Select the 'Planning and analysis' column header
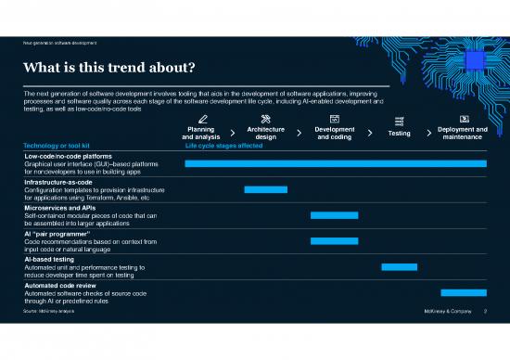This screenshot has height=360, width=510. click(x=200, y=134)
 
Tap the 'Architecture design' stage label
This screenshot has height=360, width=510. click(x=265, y=134)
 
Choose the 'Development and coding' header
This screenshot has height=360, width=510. click(x=335, y=134)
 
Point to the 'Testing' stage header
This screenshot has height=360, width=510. click(x=399, y=134)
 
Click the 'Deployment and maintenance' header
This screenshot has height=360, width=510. click(x=462, y=134)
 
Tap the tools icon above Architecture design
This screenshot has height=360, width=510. click(x=266, y=119)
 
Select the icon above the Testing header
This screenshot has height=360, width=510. click(x=399, y=121)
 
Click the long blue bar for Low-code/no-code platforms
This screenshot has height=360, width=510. click(x=336, y=163)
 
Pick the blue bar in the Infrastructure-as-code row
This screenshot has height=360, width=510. click(x=266, y=189)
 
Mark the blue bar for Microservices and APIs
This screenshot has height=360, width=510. click(x=335, y=215)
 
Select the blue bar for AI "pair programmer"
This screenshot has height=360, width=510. click(x=335, y=241)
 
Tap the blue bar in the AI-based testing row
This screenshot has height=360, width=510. click(x=399, y=266)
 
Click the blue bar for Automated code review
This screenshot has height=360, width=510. click(x=464, y=292)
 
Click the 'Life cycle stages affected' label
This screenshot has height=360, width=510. click(x=223, y=146)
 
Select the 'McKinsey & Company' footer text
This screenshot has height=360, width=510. click(x=443, y=312)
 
